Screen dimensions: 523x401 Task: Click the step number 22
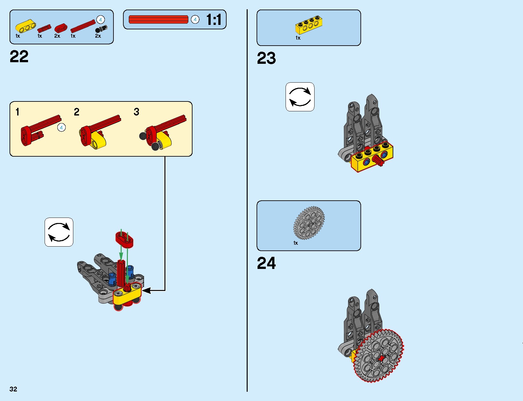19,56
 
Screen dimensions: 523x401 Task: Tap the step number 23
266,58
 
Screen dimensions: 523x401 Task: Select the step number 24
266,263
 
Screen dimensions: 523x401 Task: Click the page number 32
13,389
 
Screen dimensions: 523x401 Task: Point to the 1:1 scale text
214,19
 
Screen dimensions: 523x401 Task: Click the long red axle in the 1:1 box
158,19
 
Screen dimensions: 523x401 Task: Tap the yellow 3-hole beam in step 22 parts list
25,26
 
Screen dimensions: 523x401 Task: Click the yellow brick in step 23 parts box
309,25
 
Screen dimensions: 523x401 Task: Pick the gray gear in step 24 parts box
309,223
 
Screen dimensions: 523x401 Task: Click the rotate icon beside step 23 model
300,97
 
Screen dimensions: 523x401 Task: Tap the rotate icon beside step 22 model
59,232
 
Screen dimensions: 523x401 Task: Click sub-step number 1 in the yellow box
17,112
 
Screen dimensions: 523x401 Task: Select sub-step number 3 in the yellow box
136,112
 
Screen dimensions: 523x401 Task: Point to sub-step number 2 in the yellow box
76,112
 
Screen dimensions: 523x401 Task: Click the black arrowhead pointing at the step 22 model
146,290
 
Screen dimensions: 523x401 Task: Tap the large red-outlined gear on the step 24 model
378,356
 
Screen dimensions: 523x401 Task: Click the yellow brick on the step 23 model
372,157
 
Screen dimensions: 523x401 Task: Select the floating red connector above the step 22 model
124,240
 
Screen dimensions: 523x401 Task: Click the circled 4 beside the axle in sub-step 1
62,128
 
